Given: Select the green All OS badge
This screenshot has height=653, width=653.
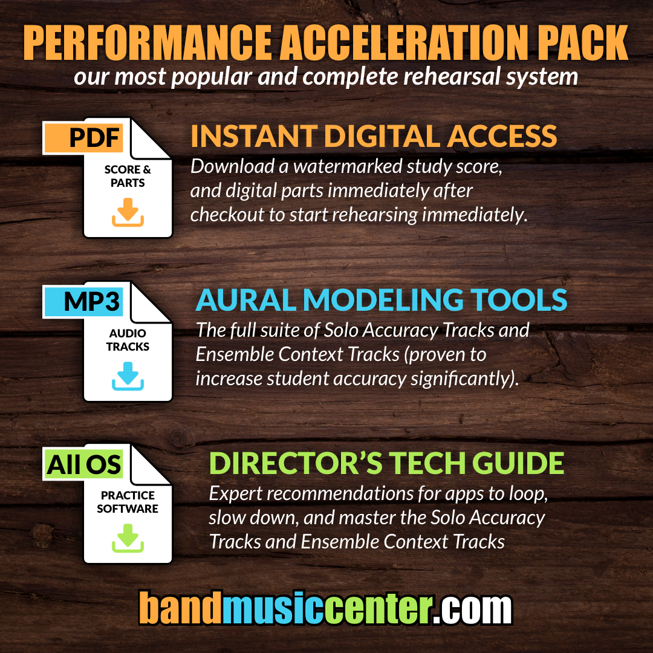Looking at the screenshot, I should pyautogui.click(x=83, y=464).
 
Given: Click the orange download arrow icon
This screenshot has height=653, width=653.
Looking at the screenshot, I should pyautogui.click(x=128, y=213).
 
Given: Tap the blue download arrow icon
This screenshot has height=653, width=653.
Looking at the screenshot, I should pyautogui.click(x=128, y=376).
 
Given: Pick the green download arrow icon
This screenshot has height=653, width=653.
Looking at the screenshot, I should pyautogui.click(x=128, y=538).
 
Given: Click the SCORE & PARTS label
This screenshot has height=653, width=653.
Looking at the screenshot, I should pyautogui.click(x=128, y=177).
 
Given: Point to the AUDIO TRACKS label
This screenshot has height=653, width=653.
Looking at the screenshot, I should pyautogui.click(x=128, y=340).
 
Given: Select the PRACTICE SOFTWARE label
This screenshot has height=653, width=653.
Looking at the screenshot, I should pyautogui.click(x=128, y=502).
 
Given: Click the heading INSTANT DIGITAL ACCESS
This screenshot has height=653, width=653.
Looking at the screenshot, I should pyautogui.click(x=374, y=137).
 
